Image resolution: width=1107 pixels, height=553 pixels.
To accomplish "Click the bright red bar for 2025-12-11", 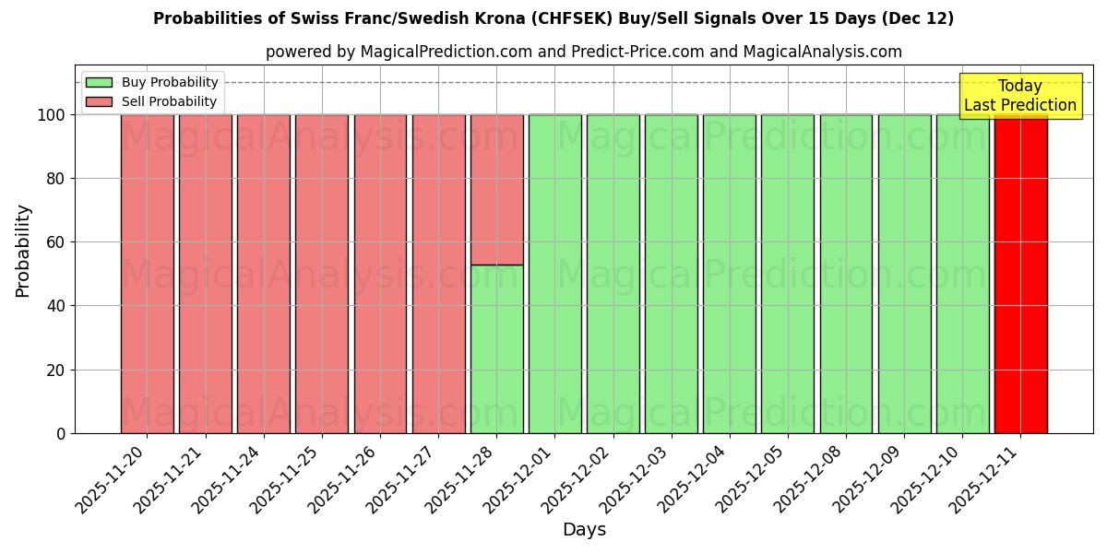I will pos(1020,274).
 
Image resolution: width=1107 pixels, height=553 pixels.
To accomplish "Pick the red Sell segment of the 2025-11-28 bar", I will pos(496,189).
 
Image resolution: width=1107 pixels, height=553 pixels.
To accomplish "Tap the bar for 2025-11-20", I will pos(147,274).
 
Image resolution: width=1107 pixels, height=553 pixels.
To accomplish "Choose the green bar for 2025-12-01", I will pos(554,274).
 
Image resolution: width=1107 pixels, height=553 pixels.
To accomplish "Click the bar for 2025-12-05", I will pos(787,274).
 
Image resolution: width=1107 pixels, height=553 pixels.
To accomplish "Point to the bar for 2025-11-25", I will pos(321,274).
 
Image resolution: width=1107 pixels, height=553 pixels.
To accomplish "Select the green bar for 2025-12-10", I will pos(962,274).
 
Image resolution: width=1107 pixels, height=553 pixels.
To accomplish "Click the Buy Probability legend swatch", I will pos(99,82).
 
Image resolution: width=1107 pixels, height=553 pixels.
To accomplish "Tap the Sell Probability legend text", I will pos(169,101).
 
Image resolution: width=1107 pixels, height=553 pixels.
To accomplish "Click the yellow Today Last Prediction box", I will pos(1020,96).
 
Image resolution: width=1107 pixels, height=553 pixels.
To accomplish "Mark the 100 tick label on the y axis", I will pos(52,115).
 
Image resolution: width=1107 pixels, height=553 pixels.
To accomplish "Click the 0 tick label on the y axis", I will pos(61,433).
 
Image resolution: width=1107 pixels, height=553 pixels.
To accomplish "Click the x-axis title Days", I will pos(584,530).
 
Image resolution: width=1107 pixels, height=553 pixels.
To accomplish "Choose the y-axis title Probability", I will pos(23,251).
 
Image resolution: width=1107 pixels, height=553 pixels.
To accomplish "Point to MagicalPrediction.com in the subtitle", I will pos(446,52).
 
